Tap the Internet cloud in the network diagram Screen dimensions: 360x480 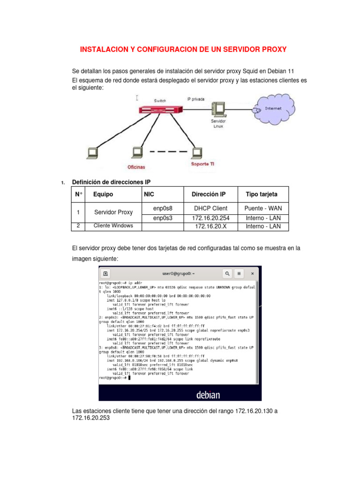274,109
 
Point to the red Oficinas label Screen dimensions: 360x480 136,167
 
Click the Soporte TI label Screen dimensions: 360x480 203,164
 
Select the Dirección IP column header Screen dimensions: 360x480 209,194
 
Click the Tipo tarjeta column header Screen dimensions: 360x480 262,194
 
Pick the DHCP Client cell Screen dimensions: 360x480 210,208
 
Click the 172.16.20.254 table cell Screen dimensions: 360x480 210,218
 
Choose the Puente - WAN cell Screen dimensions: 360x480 263,208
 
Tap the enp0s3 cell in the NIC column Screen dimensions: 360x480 163,218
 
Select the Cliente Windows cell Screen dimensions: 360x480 113,226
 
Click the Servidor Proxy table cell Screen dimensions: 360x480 113,212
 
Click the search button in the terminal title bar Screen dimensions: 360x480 227,273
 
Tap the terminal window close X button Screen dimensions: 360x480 253,273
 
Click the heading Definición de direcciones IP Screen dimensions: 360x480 111,182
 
